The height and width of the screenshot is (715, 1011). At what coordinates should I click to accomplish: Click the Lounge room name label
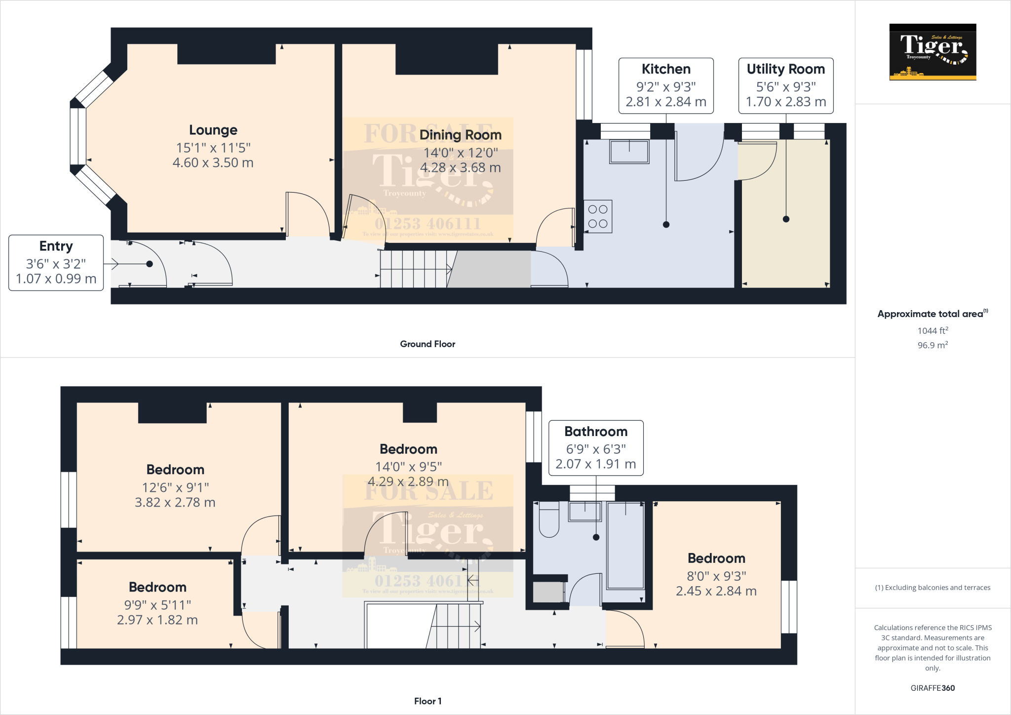(213, 130)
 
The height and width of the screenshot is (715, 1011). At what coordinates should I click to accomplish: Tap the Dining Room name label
(460, 135)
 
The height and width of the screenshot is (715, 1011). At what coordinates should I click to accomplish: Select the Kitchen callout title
(665, 69)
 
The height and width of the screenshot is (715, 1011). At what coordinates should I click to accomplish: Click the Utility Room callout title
(785, 69)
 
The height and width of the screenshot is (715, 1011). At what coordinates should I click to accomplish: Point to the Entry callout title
(56, 246)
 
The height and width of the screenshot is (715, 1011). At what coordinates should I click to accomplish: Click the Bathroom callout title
(596, 432)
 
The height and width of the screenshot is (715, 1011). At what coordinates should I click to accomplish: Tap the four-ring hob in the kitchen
(598, 216)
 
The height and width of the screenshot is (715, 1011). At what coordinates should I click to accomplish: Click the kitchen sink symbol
(629, 152)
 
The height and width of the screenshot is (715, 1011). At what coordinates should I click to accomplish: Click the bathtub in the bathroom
(625, 545)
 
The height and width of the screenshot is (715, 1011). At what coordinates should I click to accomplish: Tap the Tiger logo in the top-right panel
(933, 52)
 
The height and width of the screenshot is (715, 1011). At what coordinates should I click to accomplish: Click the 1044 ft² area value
(933, 330)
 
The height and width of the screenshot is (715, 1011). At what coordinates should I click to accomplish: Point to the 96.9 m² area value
(933, 345)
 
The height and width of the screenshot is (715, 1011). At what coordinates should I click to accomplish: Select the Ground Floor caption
(428, 344)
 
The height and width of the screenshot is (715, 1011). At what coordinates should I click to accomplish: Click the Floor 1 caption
(428, 701)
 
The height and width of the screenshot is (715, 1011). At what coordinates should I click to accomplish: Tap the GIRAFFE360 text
(933, 688)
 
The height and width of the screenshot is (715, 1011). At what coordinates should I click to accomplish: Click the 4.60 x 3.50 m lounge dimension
(213, 163)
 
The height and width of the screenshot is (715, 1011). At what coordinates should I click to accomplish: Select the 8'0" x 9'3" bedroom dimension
(716, 576)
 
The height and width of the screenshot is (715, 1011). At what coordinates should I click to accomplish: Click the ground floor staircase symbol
(415, 269)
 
